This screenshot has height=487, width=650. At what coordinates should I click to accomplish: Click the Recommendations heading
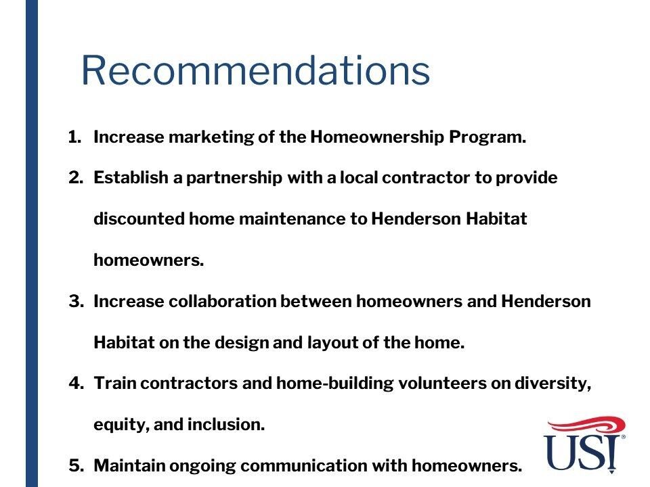255,70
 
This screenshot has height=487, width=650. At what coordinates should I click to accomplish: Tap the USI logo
585,445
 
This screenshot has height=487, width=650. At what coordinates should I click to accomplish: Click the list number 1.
74,137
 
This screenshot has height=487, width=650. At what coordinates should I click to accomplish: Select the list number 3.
77,301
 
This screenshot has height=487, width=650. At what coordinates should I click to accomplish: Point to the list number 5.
77,465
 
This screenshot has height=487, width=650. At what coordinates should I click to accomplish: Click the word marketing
211,137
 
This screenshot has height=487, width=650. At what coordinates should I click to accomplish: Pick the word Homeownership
377,137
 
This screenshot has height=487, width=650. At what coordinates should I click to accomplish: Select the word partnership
234,178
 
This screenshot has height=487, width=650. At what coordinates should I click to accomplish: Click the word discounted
139,218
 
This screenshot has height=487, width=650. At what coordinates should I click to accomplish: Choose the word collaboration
223,301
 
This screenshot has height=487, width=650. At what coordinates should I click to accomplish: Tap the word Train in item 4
115,383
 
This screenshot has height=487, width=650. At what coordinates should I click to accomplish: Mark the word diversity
553,384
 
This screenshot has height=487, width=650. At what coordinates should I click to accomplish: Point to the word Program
488,137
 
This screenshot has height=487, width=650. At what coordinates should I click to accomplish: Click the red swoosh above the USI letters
586,425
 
